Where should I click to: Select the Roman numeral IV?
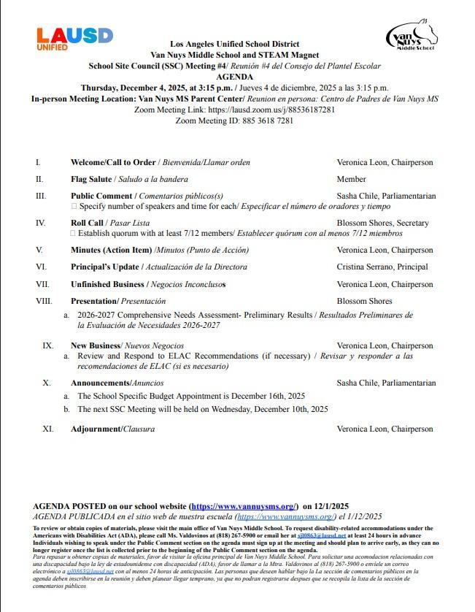[x=40, y=223]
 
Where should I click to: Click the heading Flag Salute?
[x=91, y=179]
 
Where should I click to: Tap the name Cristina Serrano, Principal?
[x=382, y=267]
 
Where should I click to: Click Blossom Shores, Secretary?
[x=382, y=223]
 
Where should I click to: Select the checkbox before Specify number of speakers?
[x=73, y=207]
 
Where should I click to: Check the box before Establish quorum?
[x=73, y=234]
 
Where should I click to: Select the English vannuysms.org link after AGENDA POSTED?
[x=244, y=506]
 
